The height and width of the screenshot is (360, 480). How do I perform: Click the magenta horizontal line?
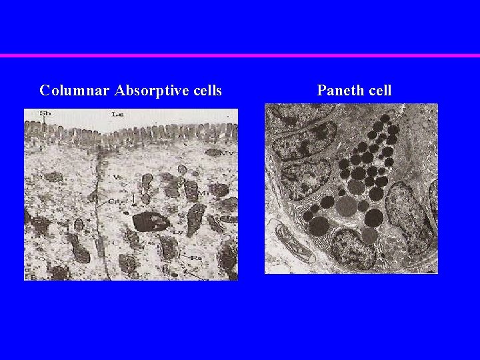(240, 55)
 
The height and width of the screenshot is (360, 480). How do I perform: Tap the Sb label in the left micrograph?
(45, 113)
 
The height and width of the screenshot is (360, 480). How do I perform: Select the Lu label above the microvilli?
(117, 114)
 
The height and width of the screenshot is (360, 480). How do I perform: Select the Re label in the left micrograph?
(196, 257)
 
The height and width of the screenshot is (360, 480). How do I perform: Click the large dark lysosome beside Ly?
(151, 221)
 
